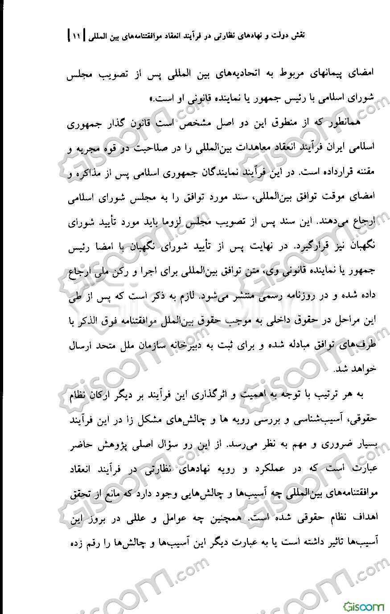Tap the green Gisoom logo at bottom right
[363, 606]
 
